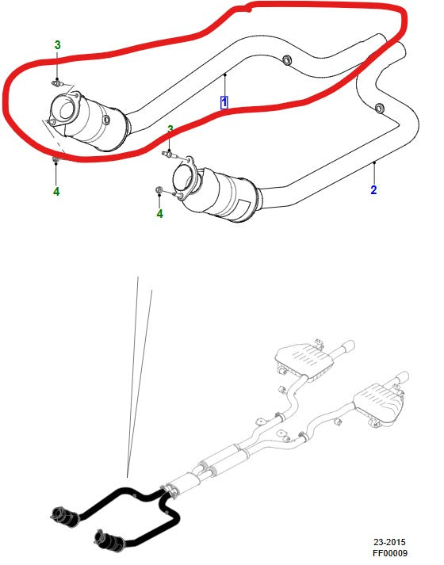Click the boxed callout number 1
pyautogui.click(x=224, y=103)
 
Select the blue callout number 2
pyautogui.click(x=373, y=189)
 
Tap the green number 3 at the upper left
pyautogui.click(x=57, y=45)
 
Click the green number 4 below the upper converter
pyautogui.click(x=56, y=192)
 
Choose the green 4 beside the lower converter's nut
pyautogui.click(x=159, y=214)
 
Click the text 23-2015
pyautogui.click(x=389, y=542)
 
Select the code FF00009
pyautogui.click(x=389, y=553)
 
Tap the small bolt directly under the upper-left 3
pyautogui.click(x=55, y=83)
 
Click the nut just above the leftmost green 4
pyautogui.click(x=55, y=159)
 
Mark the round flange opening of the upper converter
pyautogui.click(x=65, y=109)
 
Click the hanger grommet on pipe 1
pyautogui.click(x=287, y=60)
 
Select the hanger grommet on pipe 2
pyautogui.click(x=380, y=108)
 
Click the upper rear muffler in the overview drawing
pyautogui.click(x=304, y=361)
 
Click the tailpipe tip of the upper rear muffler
pyautogui.click(x=348, y=345)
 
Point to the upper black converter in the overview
pyautogui.click(x=65, y=516)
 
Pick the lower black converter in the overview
pyautogui.click(x=109, y=540)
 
